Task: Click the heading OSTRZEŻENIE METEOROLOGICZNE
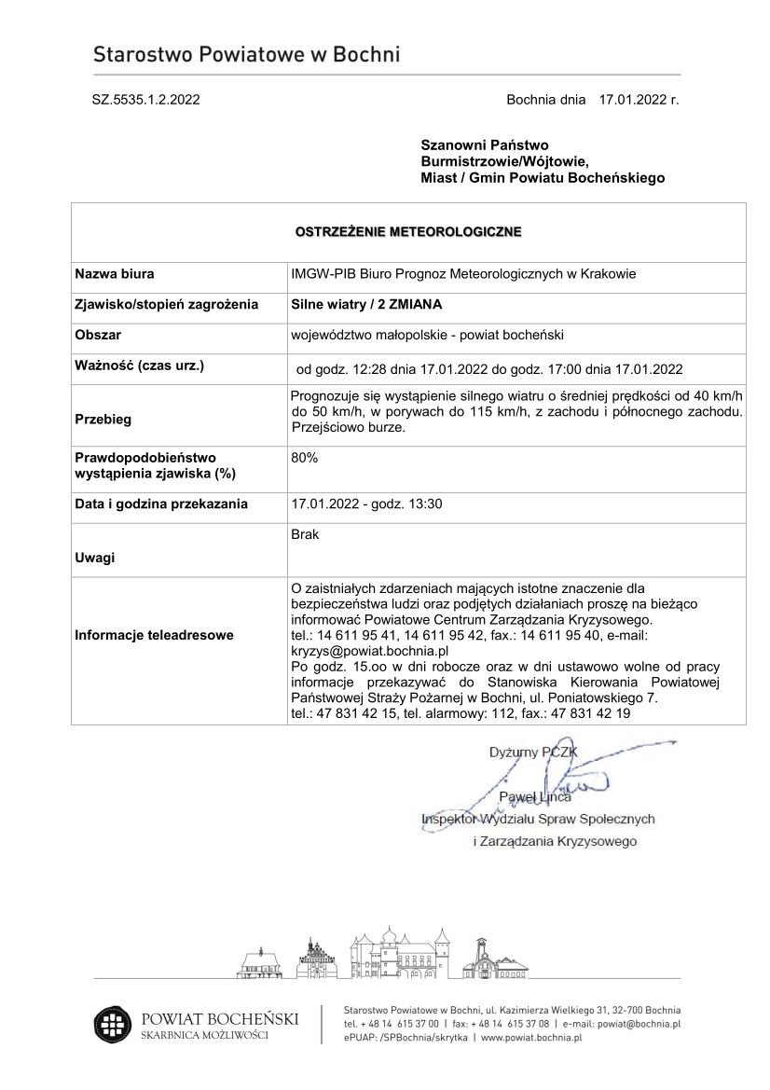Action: click(x=408, y=230)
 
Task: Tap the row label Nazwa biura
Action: click(x=115, y=274)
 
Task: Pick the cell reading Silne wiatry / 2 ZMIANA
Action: click(x=366, y=304)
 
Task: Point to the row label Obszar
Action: click(x=98, y=335)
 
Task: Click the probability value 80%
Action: click(x=305, y=458)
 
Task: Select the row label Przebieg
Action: click(x=103, y=419)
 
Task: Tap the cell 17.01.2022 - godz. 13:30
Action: click(x=366, y=504)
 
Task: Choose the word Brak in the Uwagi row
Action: click(x=305, y=535)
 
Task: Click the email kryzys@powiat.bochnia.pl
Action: click(x=370, y=651)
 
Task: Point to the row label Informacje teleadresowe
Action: click(x=154, y=635)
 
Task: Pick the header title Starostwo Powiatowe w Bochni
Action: click(x=246, y=55)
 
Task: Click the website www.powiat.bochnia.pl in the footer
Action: click(x=531, y=1036)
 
